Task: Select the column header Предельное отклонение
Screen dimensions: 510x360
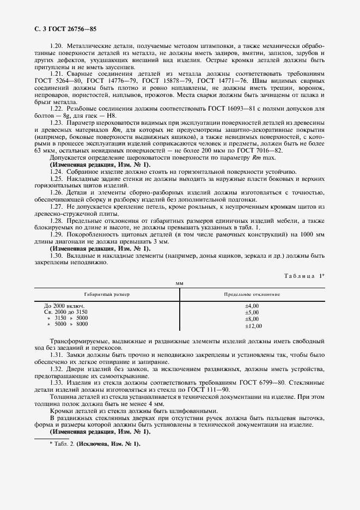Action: [x=252, y=294]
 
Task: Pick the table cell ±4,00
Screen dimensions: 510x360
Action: [x=252, y=306]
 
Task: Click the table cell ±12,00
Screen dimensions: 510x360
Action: [x=253, y=325]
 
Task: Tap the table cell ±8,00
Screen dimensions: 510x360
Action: [x=252, y=319]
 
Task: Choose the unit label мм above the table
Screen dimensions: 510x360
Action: [x=179, y=284]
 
